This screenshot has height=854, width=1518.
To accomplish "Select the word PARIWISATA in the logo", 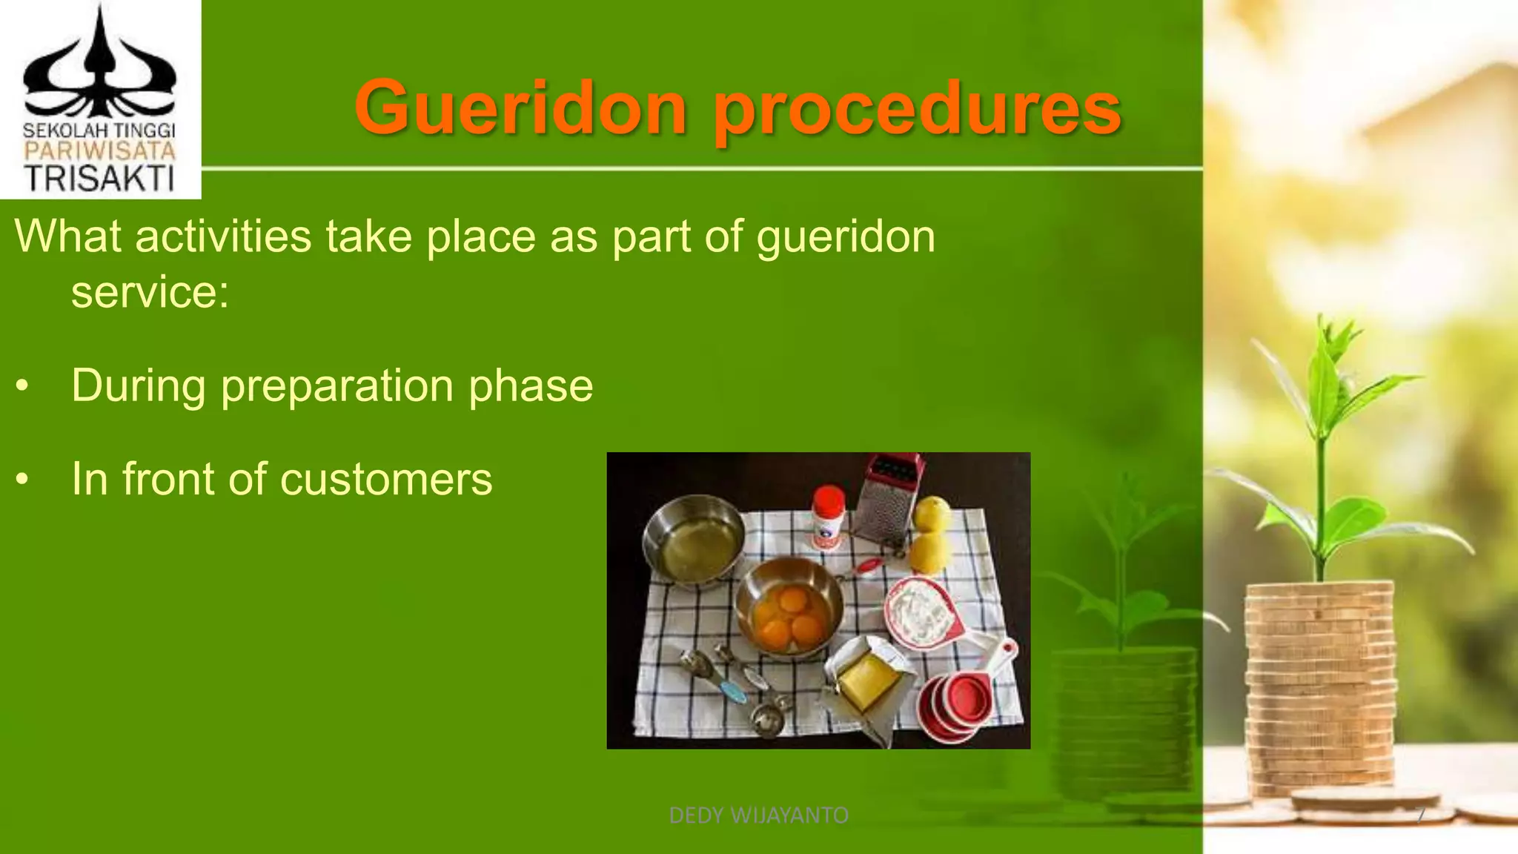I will click(100, 152).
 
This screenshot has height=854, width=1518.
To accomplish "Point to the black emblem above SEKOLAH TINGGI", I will click(100, 67).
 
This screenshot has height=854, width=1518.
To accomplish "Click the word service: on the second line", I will click(150, 291).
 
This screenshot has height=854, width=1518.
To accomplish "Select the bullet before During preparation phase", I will click(23, 386).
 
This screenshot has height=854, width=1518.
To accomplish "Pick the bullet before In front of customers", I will click(23, 480).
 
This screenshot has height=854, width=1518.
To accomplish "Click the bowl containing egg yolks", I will click(789, 608).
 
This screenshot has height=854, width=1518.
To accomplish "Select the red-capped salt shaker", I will click(829, 517).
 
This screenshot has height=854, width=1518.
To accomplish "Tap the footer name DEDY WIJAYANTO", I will click(758, 815).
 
